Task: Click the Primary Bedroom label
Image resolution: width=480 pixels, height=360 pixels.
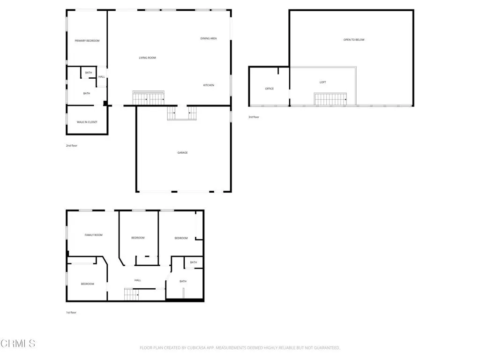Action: point(87,41)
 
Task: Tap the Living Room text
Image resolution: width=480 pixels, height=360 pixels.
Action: point(147,58)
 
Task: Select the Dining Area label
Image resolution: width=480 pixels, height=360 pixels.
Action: point(209,38)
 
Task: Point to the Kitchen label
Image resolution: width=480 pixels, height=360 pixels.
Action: point(209,85)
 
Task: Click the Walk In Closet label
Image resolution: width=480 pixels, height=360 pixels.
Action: point(87,122)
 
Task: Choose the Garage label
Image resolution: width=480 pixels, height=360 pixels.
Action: point(182,152)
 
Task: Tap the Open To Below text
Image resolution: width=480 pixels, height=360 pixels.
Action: point(354,40)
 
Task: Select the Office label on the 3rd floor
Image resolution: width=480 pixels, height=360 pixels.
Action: point(270,89)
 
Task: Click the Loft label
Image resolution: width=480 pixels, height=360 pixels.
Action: point(323,82)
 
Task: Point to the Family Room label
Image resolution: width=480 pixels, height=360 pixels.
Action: point(93,235)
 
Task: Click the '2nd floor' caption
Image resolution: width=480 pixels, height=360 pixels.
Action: point(72,146)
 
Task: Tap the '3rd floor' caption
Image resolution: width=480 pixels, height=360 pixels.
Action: point(254,117)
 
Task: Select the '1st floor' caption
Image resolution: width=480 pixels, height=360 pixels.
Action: point(71,312)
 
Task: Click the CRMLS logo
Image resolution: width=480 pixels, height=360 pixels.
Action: point(18,344)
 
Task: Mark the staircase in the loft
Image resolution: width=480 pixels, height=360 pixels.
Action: point(330,99)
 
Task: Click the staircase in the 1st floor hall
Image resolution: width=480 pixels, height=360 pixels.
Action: point(132,295)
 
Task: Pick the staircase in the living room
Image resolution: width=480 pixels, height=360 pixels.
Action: point(149,98)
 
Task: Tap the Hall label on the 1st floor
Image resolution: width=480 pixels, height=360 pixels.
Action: point(138,280)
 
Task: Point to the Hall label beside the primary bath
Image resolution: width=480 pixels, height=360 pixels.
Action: point(102,77)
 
